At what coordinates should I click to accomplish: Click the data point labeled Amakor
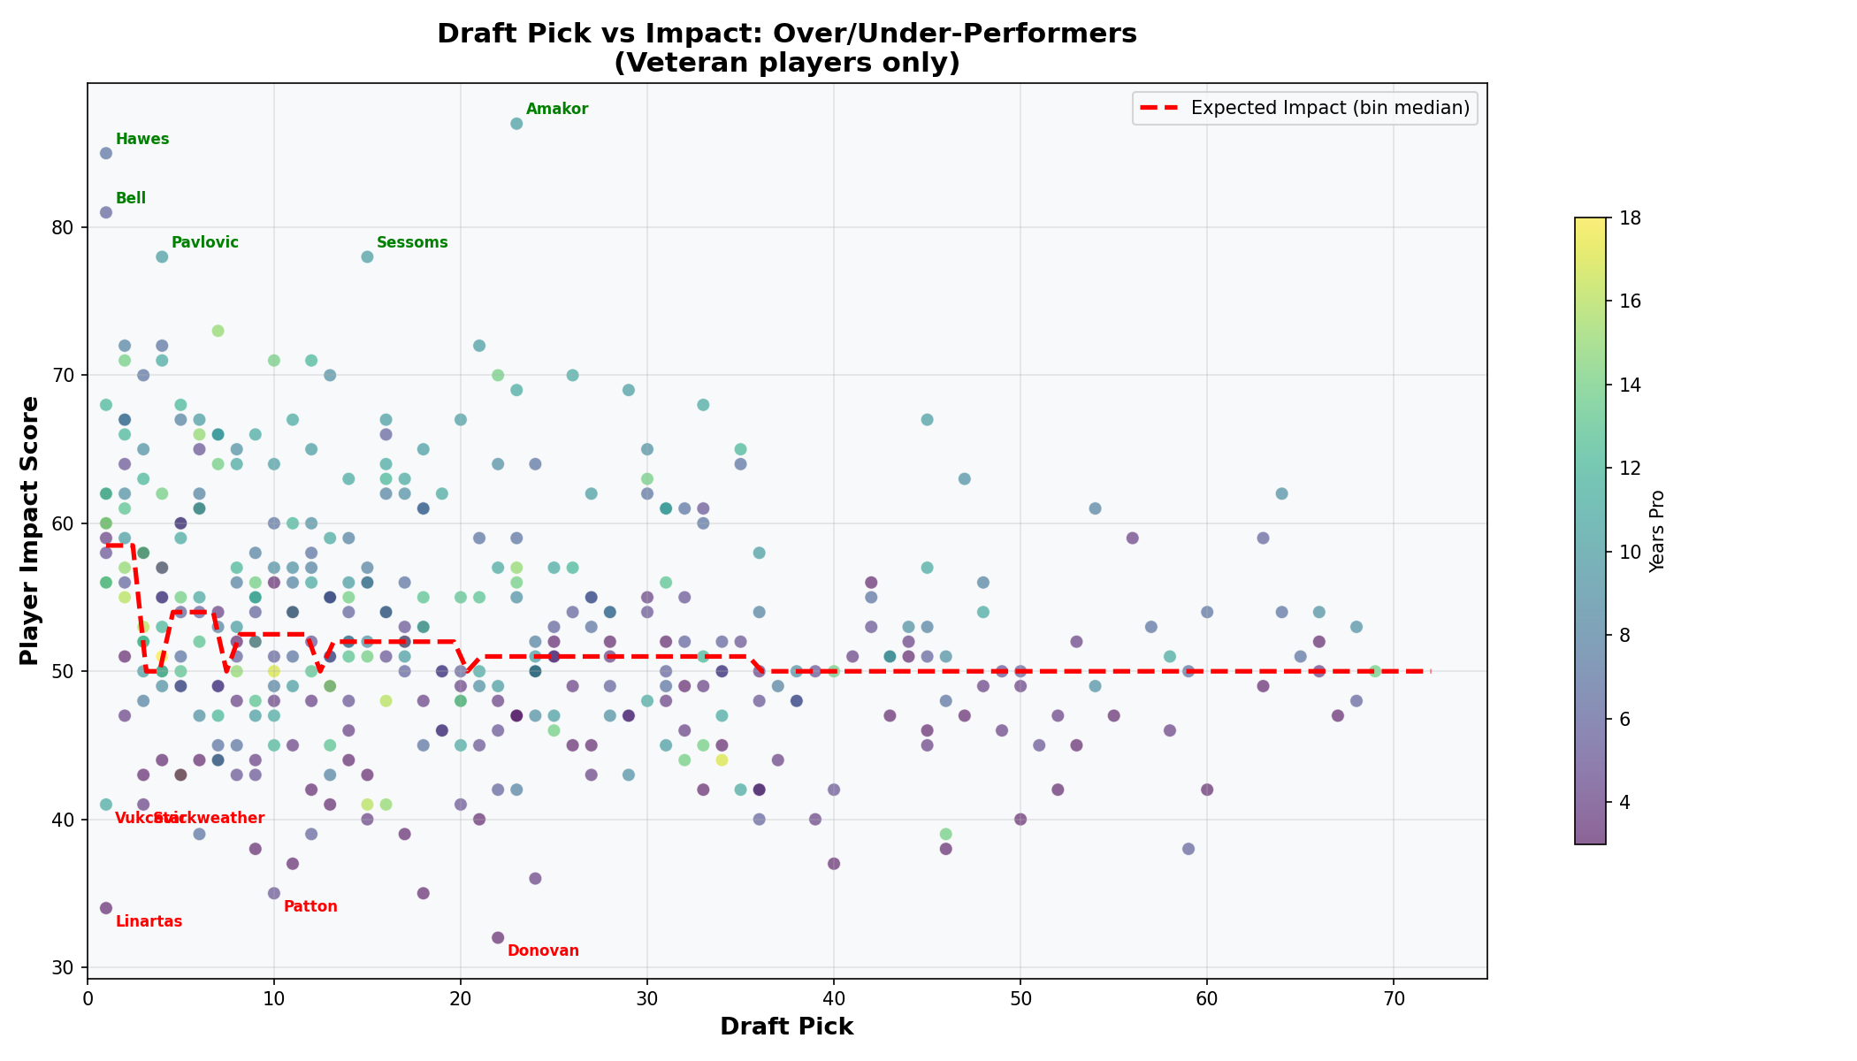pyautogui.click(x=516, y=124)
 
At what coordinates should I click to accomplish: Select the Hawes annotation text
pyautogui.click(x=142, y=140)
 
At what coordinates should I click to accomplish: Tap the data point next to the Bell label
pyautogui.click(x=106, y=212)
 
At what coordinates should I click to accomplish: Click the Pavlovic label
pyautogui.click(x=205, y=243)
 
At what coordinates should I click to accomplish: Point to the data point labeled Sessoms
pyautogui.click(x=367, y=257)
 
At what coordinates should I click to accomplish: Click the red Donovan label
pyautogui.click(x=543, y=951)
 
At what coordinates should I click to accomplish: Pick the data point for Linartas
pyautogui.click(x=106, y=908)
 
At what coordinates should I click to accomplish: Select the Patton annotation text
pyautogui.click(x=310, y=907)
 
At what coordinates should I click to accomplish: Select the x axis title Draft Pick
pyautogui.click(x=786, y=1027)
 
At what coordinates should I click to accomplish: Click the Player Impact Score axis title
pyautogui.click(x=30, y=530)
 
